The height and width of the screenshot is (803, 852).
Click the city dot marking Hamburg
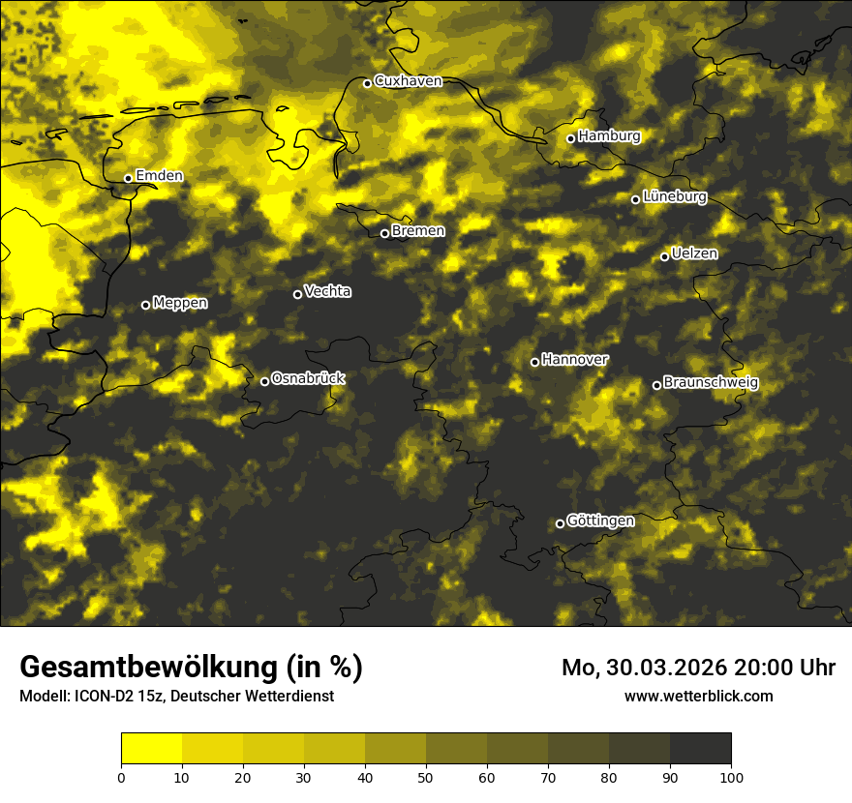pos(570,138)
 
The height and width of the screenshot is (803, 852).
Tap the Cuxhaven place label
pos(408,81)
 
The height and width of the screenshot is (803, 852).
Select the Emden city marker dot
pos(128,178)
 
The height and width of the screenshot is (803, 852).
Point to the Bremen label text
pos(418,231)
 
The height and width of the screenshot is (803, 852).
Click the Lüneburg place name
pos(675,197)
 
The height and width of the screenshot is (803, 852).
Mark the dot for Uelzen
pos(664,256)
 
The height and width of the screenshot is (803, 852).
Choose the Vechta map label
pos(328,291)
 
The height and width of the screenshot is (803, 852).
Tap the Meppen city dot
pos(145,305)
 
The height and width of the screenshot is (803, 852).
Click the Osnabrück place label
pos(308,378)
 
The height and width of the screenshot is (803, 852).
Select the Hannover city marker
pos(534,362)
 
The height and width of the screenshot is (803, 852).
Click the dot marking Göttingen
pos(560,523)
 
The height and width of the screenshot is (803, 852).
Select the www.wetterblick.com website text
pos(699,696)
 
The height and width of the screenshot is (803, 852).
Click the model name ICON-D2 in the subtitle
pos(101,696)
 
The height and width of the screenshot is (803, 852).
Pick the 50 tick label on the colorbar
pos(426,776)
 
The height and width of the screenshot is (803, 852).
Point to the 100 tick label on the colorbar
pos(731,776)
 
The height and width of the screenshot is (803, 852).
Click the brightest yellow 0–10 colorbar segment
pos(151,749)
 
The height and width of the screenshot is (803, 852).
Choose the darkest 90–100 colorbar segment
pos(700,749)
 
